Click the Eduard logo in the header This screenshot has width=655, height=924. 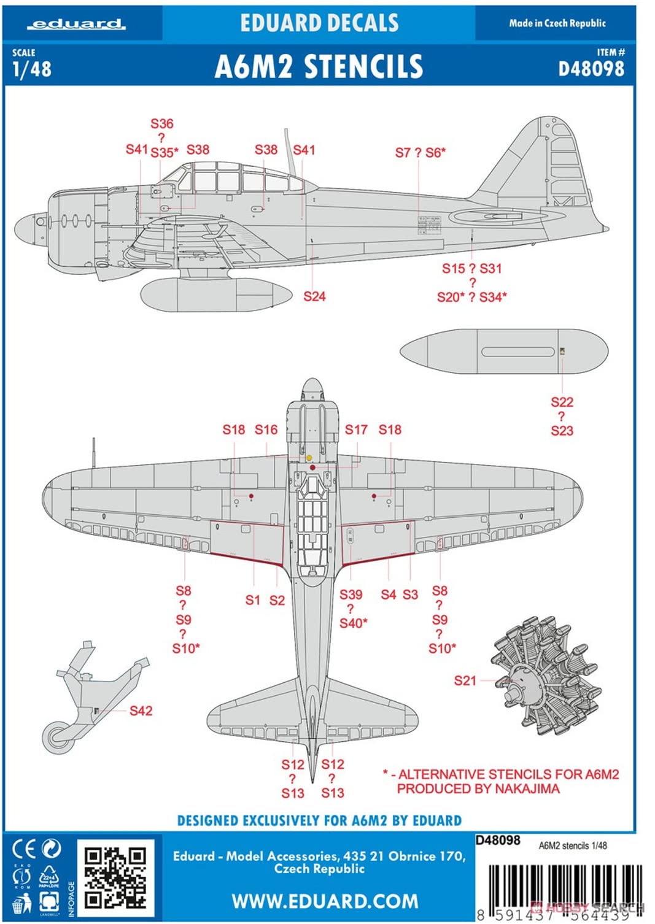[x=77, y=24]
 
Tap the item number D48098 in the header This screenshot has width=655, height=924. [x=591, y=68]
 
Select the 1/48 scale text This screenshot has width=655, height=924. [x=32, y=68]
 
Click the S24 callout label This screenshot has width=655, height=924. [x=314, y=296]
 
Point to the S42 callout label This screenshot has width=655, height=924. [x=141, y=710]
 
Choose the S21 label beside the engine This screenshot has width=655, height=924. [x=465, y=680]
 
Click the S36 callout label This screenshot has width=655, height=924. [x=162, y=123]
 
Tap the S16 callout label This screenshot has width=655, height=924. [x=266, y=429]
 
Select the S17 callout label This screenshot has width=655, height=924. [x=356, y=429]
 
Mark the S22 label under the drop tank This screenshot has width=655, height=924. [x=562, y=402]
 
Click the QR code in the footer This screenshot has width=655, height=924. [x=115, y=877]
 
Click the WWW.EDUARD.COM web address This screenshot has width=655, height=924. [x=325, y=901]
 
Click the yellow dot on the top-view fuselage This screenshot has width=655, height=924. [x=309, y=458]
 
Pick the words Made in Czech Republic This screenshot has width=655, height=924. [x=557, y=23]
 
